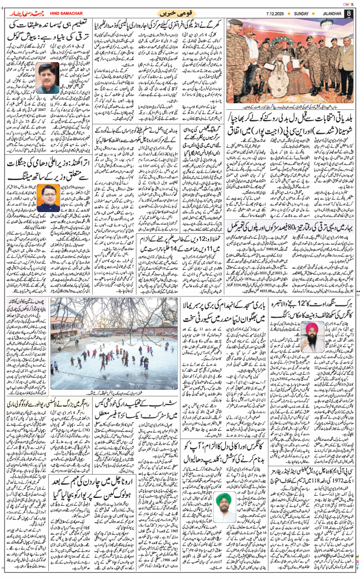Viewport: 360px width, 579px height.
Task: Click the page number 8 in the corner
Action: tap(348, 13)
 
